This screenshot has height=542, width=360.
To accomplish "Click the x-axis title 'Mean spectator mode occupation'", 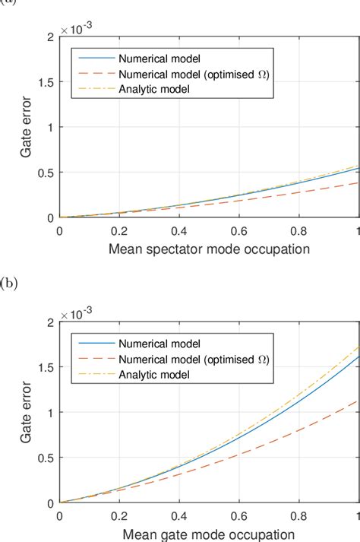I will pyautogui.click(x=209, y=249).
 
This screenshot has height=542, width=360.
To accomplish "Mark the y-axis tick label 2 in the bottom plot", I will pyautogui.click(x=50, y=322).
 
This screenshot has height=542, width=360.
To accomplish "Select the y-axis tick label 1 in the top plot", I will pyautogui.click(x=50, y=127).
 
